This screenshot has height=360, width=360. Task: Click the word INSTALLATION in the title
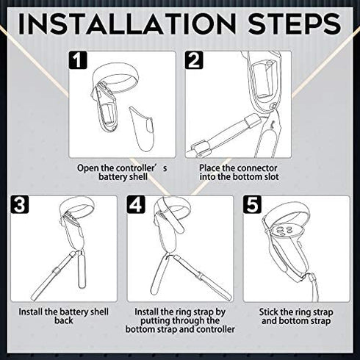(x=127, y=24)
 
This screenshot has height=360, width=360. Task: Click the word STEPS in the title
(x=295, y=24)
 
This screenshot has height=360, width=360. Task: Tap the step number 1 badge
(x=78, y=60)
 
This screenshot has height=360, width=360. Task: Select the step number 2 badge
(x=194, y=60)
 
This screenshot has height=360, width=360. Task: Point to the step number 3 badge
(x=20, y=204)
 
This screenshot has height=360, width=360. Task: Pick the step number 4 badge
(x=136, y=204)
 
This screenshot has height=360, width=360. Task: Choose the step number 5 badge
(x=253, y=204)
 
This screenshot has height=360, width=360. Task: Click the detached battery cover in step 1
(x=143, y=128)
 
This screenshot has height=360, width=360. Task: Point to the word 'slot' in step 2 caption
(x=271, y=177)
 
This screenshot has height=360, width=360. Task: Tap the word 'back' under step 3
(x=64, y=321)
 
